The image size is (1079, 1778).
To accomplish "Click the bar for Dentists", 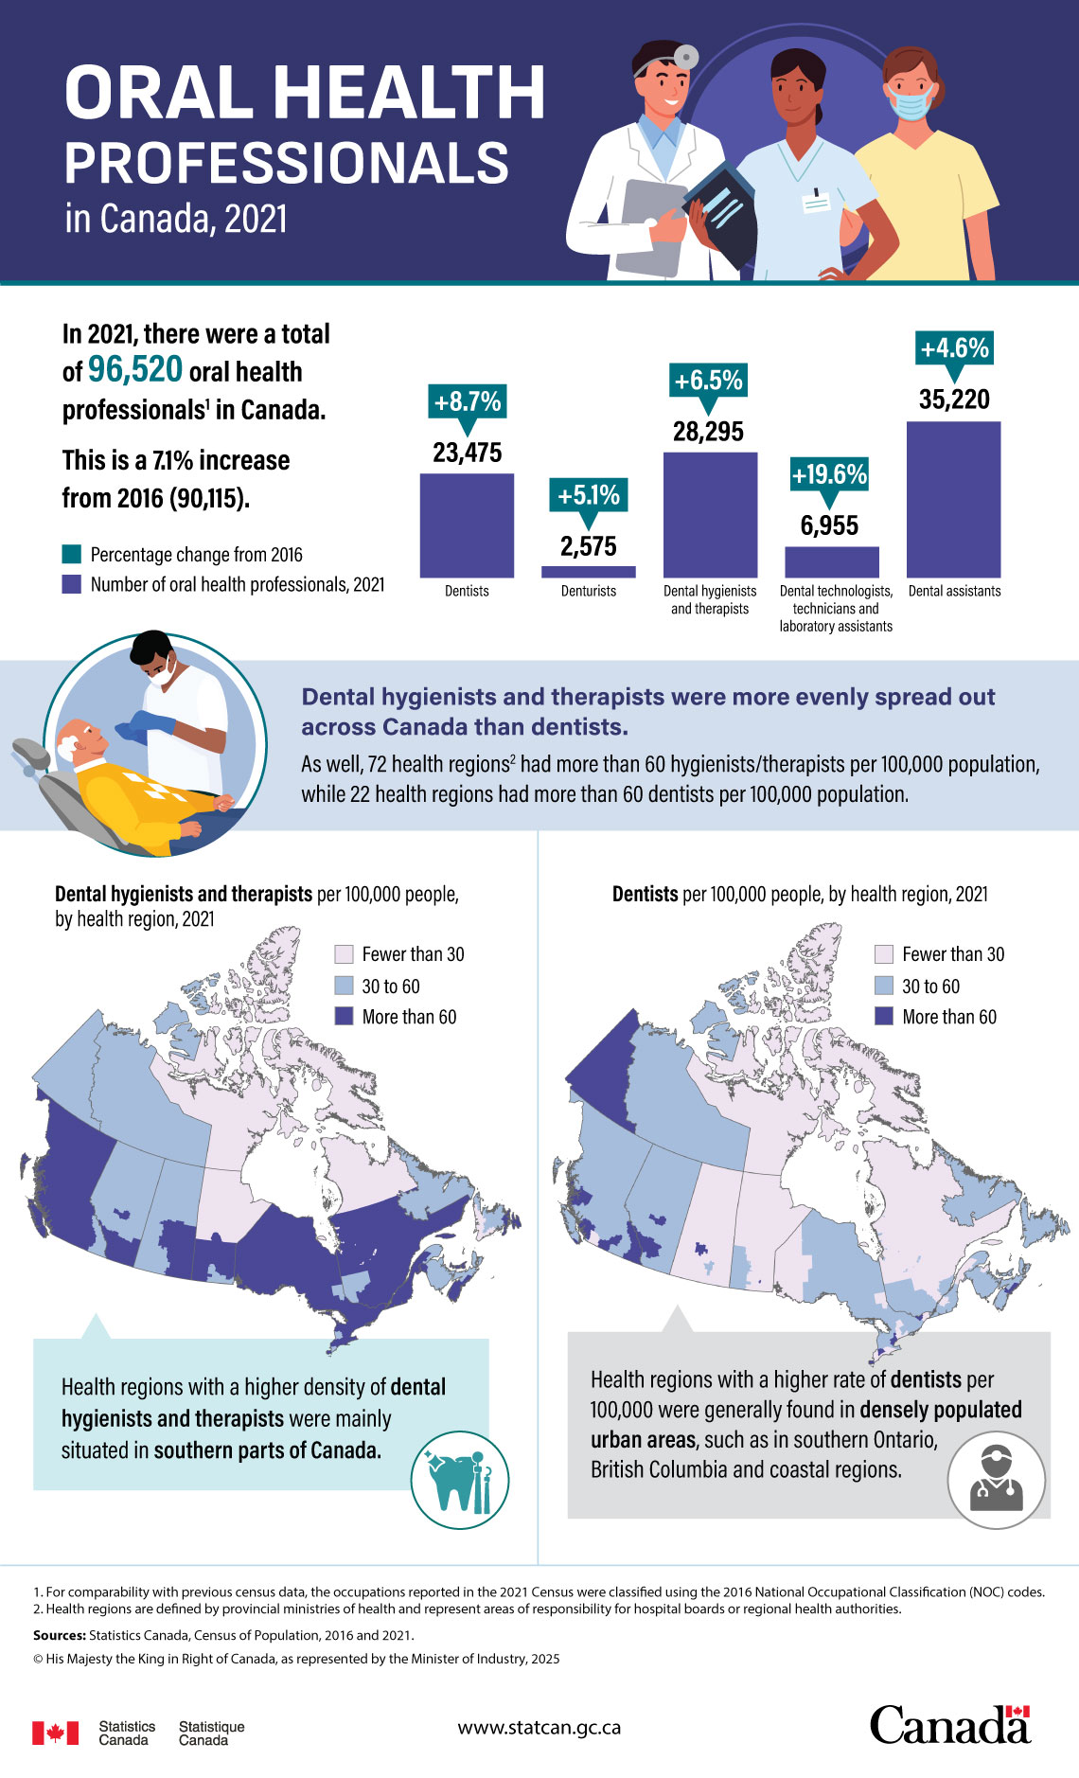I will [467, 525].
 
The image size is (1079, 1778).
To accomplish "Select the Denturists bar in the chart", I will [588, 572].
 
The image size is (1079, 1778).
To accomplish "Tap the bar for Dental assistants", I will [953, 499].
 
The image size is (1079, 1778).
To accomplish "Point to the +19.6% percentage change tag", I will [829, 474].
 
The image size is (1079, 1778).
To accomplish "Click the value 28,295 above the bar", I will [708, 432].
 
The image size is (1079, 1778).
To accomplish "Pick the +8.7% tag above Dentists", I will [467, 401].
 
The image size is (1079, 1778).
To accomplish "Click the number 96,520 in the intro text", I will [135, 369].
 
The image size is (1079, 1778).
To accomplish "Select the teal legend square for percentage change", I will [72, 554].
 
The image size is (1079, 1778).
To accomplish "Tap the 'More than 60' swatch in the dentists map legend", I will [884, 1016].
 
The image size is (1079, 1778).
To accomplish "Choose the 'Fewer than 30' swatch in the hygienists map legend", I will [345, 953].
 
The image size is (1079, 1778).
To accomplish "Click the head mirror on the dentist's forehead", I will [685, 57].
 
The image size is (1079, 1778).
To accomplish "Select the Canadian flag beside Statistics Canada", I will [55, 1733].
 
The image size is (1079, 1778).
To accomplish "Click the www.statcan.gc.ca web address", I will [539, 1727].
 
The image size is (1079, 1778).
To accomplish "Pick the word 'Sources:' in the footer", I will [60, 1635].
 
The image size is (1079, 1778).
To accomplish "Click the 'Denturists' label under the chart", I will [588, 591].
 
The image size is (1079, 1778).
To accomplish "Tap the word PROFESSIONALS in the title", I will [286, 163].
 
